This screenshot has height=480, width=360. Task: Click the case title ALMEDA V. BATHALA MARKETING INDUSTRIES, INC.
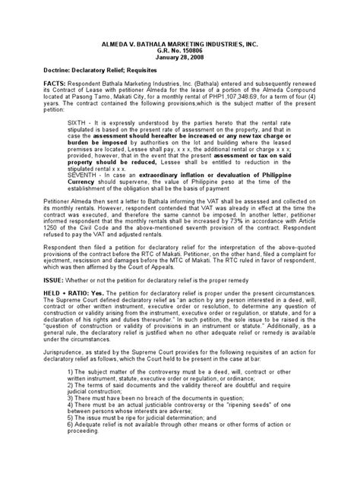point(179,46)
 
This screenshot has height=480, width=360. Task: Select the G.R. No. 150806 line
point(179,53)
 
